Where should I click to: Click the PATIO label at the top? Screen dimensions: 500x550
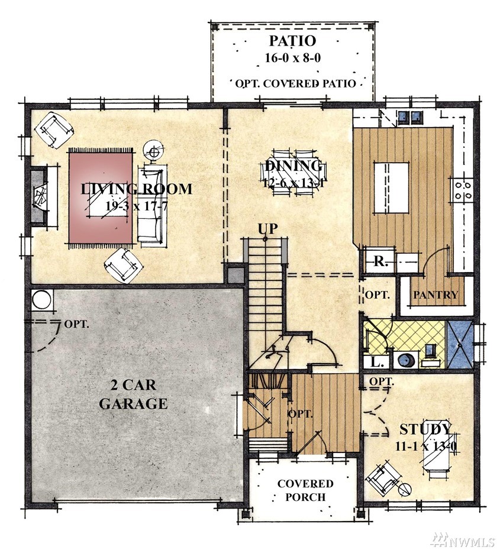click(x=292, y=41)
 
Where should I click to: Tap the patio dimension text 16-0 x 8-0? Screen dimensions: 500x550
click(x=292, y=57)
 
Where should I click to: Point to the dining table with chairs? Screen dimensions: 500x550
click(x=294, y=173)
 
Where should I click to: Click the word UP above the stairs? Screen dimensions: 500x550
click(x=267, y=229)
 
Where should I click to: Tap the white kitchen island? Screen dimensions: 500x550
click(x=391, y=187)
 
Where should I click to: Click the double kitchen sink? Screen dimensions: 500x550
click(x=409, y=117)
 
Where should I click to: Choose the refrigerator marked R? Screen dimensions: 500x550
click(x=379, y=261)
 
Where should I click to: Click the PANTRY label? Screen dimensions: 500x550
click(x=436, y=295)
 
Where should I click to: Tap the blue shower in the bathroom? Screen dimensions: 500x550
click(x=459, y=344)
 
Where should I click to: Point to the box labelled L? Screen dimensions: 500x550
click(x=376, y=362)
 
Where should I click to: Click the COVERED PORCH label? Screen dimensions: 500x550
click(x=305, y=490)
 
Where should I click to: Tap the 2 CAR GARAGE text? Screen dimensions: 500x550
click(x=133, y=394)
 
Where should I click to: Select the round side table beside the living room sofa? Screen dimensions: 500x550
click(x=153, y=152)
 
